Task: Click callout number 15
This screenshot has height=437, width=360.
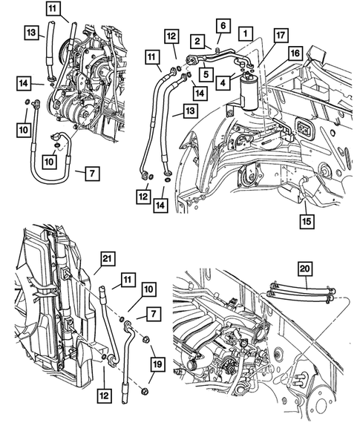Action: pyautogui.click(x=306, y=220)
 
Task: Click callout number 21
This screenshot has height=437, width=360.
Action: pyautogui.click(x=109, y=259)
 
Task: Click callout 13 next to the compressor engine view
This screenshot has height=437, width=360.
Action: pyautogui.click(x=30, y=32)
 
